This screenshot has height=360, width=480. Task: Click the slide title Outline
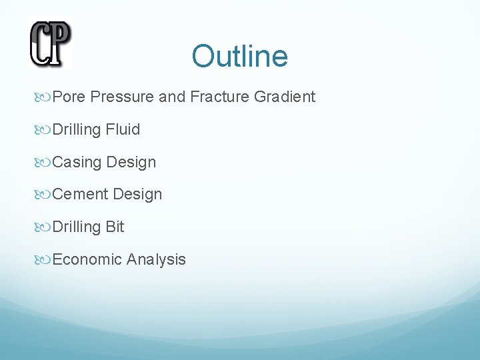point(239,56)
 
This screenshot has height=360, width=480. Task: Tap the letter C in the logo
point(41,44)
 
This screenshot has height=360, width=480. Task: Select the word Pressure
point(122,97)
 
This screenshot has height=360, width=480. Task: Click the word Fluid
point(123,130)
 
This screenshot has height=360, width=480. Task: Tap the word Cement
point(80,195)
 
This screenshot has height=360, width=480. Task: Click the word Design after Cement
point(137,195)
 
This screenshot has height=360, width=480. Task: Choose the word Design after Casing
point(131,163)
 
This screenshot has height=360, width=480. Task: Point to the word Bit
point(115,227)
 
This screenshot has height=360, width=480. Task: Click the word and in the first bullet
point(172,97)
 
